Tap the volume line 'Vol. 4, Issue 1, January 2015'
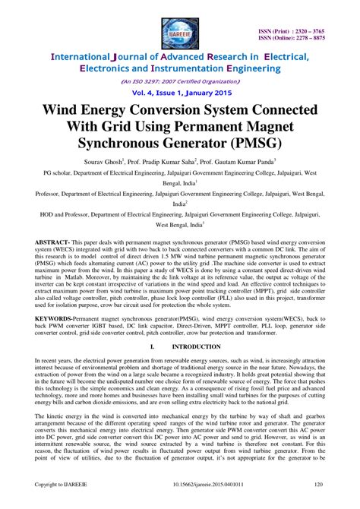(x=180, y=91)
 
